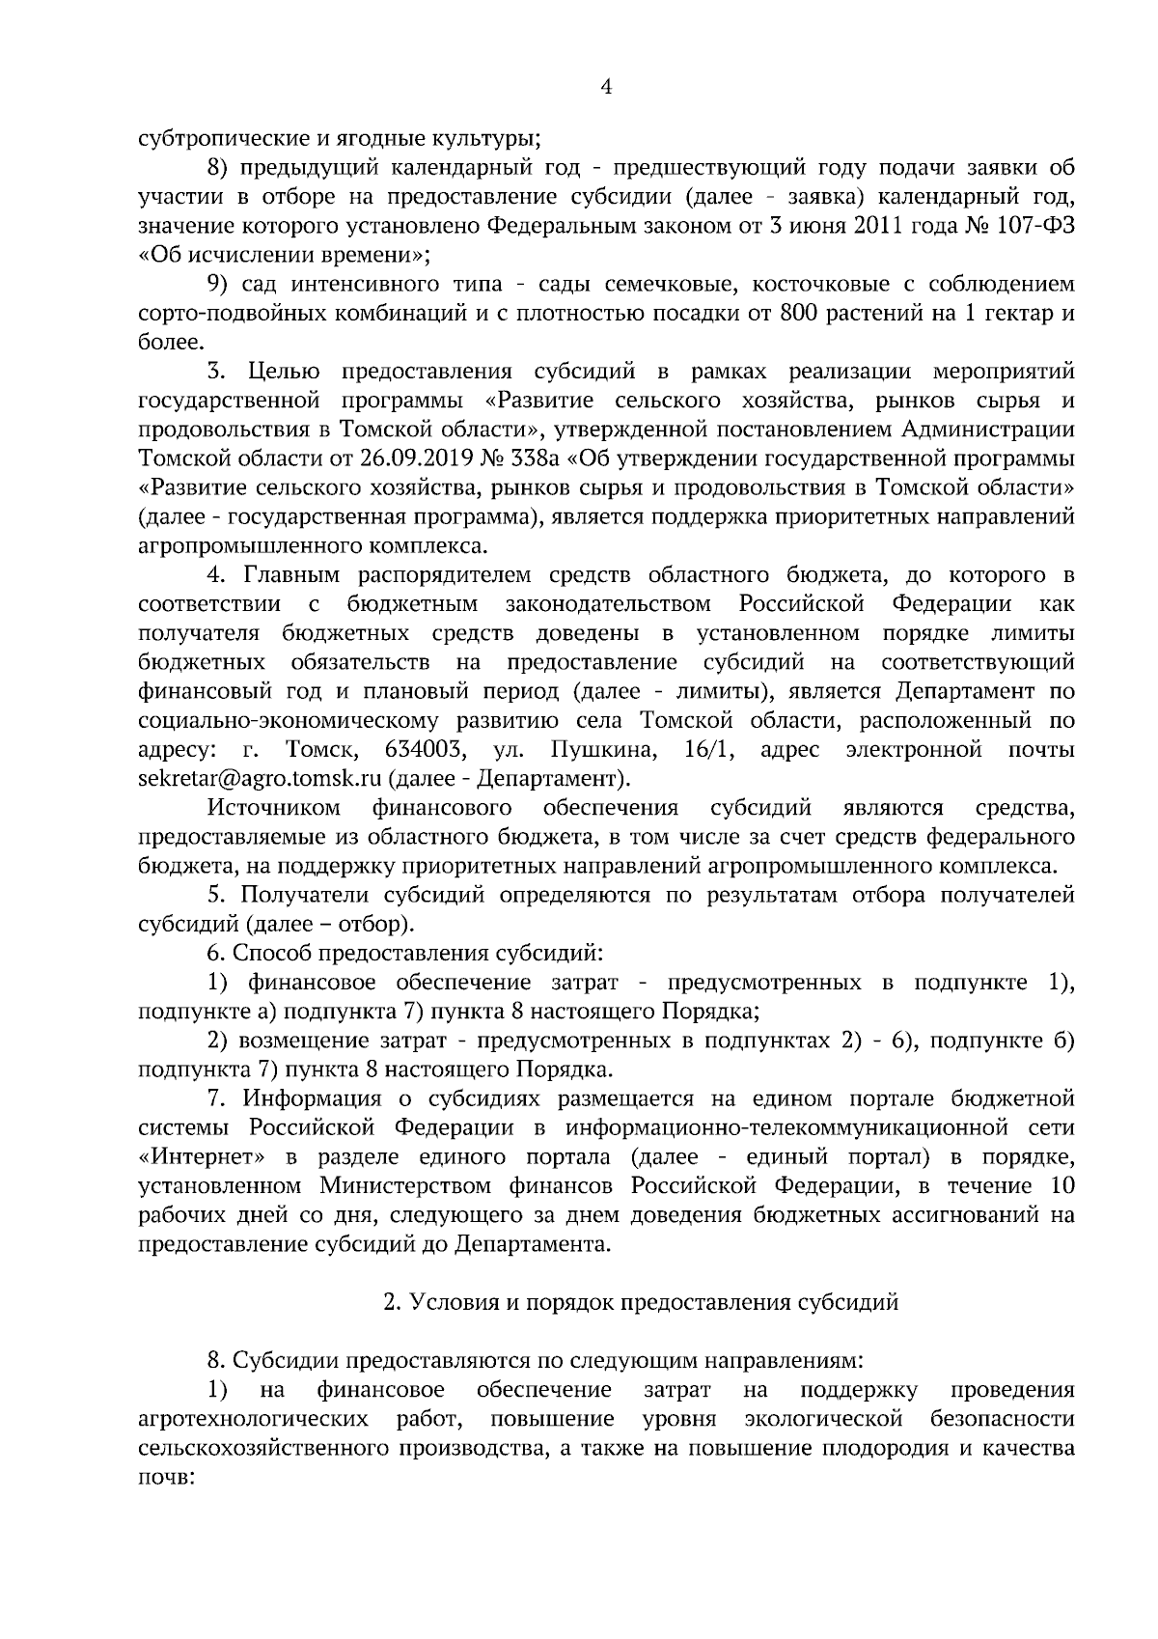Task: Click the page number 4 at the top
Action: pyautogui.click(x=607, y=87)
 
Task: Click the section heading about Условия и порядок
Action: pyautogui.click(x=641, y=1302)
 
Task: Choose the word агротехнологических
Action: pyautogui.click(x=254, y=1419)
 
